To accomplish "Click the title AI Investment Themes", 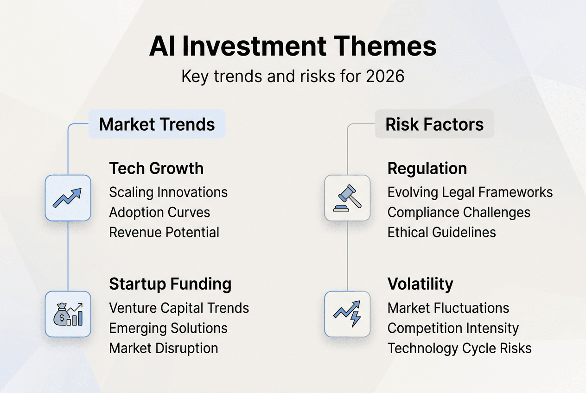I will pyautogui.click(x=293, y=47).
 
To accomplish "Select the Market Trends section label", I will pyautogui.click(x=157, y=124).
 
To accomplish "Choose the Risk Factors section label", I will pyautogui.click(x=434, y=124).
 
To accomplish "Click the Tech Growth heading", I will pyautogui.click(x=156, y=168).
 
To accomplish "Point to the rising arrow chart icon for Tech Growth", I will pyautogui.click(x=68, y=198).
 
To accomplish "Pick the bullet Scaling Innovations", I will pyautogui.click(x=168, y=192).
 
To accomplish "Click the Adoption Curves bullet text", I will pyautogui.click(x=159, y=212).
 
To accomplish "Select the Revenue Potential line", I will pyautogui.click(x=164, y=232).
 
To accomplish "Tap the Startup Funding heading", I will pyautogui.click(x=170, y=284).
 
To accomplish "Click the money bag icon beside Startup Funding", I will pyautogui.click(x=68, y=314).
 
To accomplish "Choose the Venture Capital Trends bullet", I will pyautogui.click(x=179, y=308).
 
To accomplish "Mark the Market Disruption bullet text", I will pyautogui.click(x=163, y=348).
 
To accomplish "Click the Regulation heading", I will pyautogui.click(x=427, y=168).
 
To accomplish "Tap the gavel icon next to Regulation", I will pyautogui.click(x=347, y=198).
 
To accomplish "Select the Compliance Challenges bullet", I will pyautogui.click(x=459, y=212).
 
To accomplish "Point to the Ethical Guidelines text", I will pyautogui.click(x=441, y=232).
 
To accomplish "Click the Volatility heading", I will pyautogui.click(x=420, y=284).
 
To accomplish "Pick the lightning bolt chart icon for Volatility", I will pyautogui.click(x=347, y=314).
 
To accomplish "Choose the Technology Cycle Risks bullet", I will pyautogui.click(x=459, y=348).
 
